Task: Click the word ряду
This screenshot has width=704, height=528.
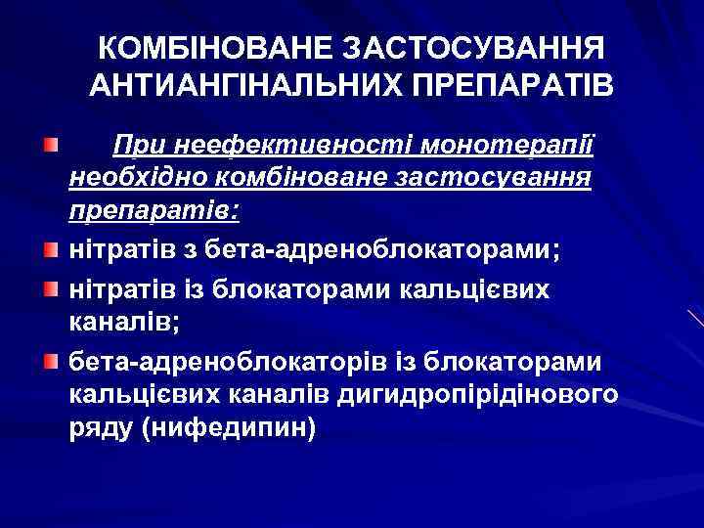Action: [101, 429]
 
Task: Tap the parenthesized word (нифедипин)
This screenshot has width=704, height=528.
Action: [230, 429]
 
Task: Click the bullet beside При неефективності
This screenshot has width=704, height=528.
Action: [49, 145]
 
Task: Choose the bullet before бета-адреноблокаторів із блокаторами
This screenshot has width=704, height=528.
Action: [49, 363]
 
